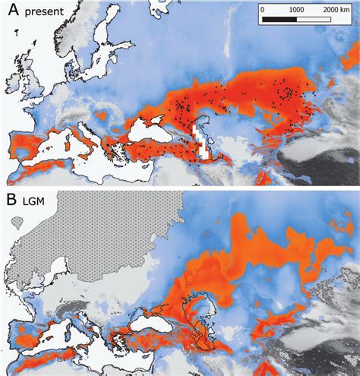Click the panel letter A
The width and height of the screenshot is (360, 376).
[x=13, y=12]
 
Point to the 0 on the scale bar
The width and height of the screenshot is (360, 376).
[x=261, y=11]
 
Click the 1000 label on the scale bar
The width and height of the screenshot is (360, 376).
[x=296, y=11]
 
